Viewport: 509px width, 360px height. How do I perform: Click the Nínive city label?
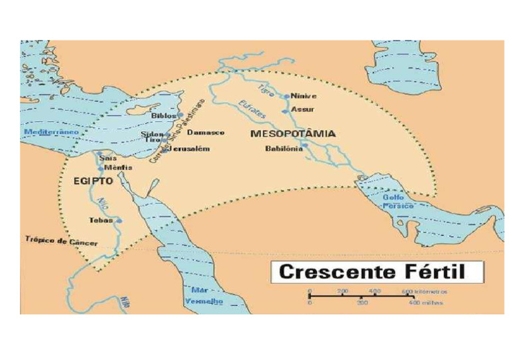[304, 96]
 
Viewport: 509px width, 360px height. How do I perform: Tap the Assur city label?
[303, 109]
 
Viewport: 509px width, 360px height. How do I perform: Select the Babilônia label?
[284, 149]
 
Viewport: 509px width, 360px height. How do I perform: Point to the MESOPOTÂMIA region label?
[293, 133]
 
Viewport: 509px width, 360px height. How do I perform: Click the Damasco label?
[205, 133]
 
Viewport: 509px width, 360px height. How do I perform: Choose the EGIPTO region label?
[93, 180]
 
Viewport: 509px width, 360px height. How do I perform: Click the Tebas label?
[101, 220]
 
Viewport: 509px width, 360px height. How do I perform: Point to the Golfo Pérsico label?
[398, 202]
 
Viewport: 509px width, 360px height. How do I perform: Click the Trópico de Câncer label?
[61, 241]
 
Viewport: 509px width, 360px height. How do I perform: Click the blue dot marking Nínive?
[287, 96]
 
